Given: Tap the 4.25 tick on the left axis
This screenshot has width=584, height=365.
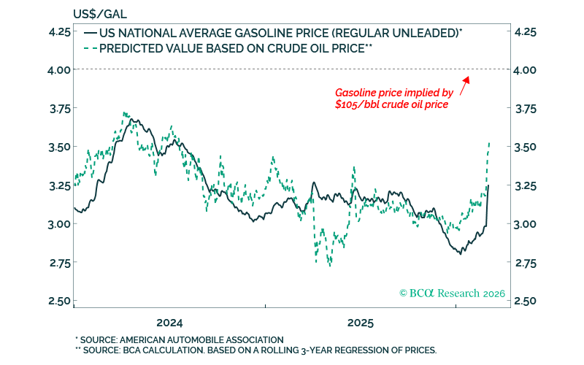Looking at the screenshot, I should pos(60,31).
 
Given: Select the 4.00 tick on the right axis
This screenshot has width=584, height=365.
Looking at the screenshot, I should pos(526,70).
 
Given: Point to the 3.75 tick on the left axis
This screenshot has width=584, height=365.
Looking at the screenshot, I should pos(60,108).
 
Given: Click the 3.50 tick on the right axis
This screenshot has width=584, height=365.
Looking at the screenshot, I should pos(526,147).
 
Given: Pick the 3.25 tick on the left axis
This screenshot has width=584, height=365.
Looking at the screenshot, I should pos(60,185).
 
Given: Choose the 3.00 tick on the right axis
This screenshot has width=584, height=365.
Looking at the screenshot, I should pos(526,224).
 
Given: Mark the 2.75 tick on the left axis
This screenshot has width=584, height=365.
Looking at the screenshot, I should pos(60,262).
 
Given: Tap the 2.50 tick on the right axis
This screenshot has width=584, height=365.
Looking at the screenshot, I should pos(526,301).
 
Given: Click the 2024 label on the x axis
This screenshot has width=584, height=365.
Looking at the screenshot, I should pos(169,323).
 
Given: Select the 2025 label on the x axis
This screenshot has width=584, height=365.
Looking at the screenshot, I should pos(361,323).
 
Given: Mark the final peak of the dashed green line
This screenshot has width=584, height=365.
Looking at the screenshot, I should pos(488,143).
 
